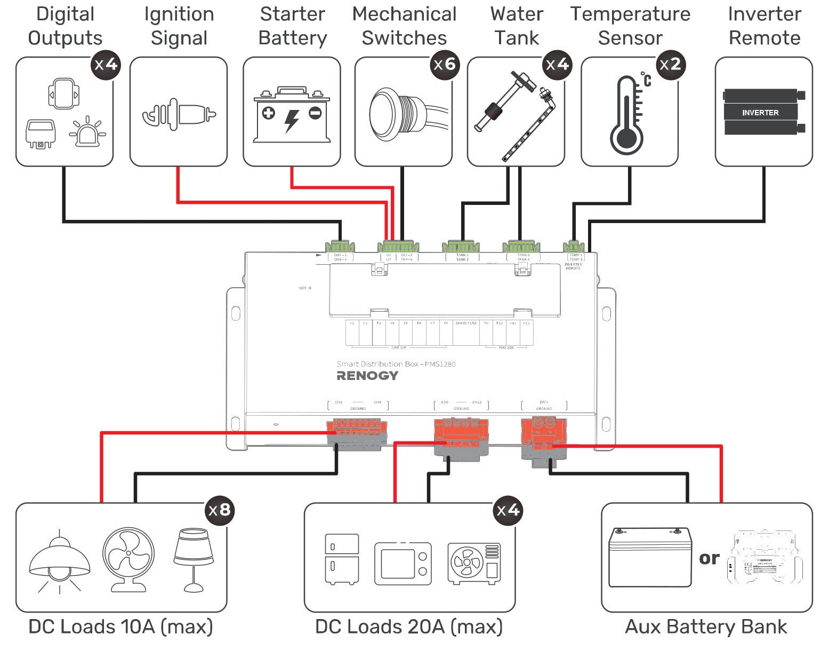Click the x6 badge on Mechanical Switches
click(x=445, y=65)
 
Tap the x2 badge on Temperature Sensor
click(x=671, y=65)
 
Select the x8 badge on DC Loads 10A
click(x=220, y=510)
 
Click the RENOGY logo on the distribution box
click(x=367, y=376)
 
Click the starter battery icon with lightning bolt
click(x=292, y=115)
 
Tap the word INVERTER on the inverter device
click(x=760, y=113)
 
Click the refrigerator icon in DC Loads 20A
click(x=342, y=559)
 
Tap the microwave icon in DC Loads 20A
click(x=403, y=564)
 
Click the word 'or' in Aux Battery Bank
click(x=709, y=559)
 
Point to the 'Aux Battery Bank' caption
click(x=705, y=627)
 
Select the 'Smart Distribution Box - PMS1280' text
click(x=396, y=364)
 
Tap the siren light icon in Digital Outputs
click(x=87, y=132)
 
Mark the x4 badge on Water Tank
click(x=557, y=65)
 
